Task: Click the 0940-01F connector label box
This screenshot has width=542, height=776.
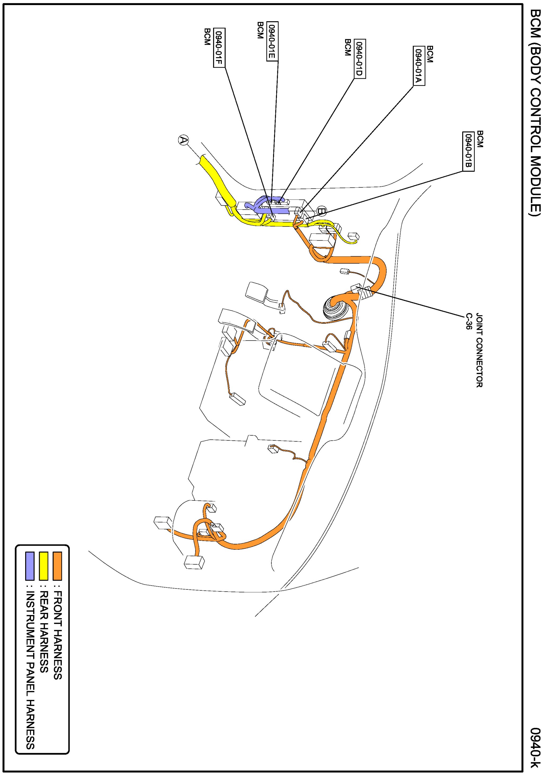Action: tap(219, 48)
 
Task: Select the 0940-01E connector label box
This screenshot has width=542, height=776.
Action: tap(272, 41)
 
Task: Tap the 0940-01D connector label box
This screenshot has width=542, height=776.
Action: tap(360, 59)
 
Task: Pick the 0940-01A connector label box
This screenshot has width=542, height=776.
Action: tap(419, 66)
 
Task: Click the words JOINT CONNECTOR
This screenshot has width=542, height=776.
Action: tap(479, 350)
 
